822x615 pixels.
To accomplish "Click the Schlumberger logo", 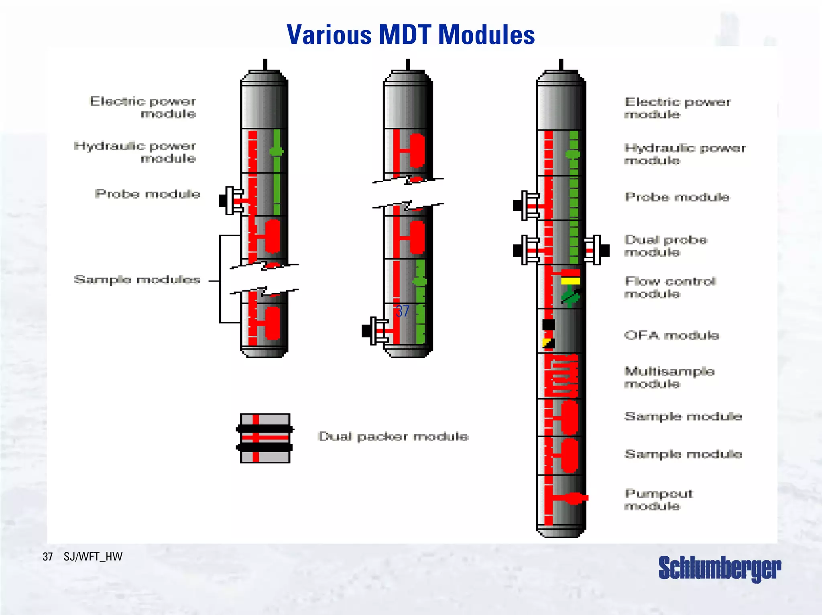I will (719, 568).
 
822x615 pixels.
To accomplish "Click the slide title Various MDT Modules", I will (411, 35).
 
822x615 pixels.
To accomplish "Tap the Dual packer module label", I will (393, 437).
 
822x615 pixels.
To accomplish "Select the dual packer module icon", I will (265, 438).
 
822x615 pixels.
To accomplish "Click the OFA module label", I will (671, 335).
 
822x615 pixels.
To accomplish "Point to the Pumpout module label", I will (659, 499).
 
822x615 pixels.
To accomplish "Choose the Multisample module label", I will (669, 377).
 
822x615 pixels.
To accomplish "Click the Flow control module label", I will (670, 287).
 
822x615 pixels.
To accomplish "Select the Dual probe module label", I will (666, 246).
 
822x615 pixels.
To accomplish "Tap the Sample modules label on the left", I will (137, 280).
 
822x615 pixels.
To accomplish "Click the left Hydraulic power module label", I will (135, 152).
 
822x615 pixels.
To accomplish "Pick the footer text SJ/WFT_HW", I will (93, 557).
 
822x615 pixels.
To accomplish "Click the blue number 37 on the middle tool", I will (402, 311).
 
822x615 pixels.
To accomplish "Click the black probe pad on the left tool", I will (223, 200).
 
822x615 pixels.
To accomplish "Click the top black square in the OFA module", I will (549, 325).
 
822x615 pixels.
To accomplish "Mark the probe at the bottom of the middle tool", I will (375, 331).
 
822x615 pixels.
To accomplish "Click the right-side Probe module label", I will (677, 197).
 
